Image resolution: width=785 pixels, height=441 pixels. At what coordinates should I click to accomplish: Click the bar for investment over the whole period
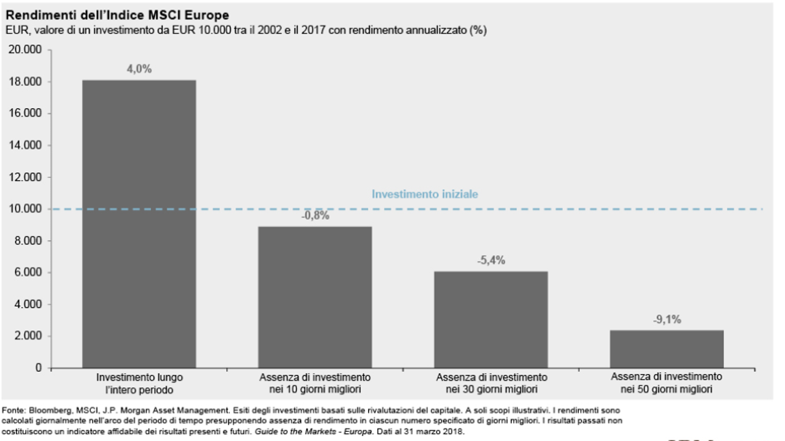coord(139,224)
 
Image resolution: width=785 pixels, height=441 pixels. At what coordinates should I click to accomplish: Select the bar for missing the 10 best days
coord(315,297)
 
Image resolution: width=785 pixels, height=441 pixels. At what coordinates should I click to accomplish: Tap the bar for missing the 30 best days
coord(491,320)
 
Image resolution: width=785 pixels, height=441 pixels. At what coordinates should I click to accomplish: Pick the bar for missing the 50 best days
coord(667,349)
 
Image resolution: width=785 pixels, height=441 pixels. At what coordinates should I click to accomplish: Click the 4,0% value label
coord(139,69)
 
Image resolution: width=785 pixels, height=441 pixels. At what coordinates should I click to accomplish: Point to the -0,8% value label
coord(315,216)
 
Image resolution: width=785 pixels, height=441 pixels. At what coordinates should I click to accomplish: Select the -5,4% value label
coord(491,260)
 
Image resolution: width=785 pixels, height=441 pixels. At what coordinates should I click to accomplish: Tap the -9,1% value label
coord(667,319)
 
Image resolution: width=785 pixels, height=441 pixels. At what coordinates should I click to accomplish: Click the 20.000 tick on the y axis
coord(25,50)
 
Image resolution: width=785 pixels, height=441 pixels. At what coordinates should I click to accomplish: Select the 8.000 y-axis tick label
coord(28,241)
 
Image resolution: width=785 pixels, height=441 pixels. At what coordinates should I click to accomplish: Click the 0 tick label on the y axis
coord(39,368)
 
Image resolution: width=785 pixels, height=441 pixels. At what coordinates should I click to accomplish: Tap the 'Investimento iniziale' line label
coord(425,194)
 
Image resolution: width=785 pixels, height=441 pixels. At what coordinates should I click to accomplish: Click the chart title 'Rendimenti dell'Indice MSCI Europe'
coord(117,15)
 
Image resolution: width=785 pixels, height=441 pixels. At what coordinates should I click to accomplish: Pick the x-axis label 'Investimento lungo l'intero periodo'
coord(139,383)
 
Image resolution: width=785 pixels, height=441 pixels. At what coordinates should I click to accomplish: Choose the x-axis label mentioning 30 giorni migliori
coord(492,383)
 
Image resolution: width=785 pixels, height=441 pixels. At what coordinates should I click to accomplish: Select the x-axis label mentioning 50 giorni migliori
coord(667,383)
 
